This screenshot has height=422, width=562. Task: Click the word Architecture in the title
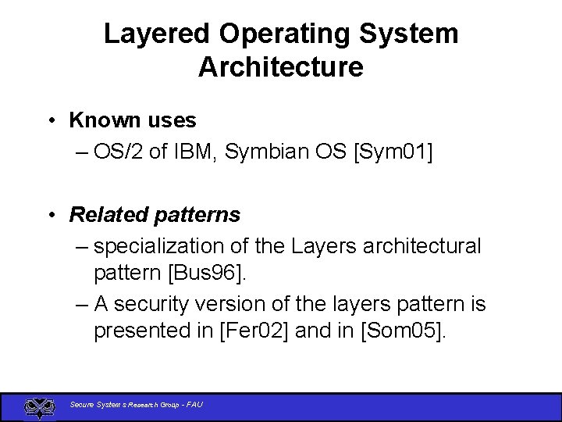281,67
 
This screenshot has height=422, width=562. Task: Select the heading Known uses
133,120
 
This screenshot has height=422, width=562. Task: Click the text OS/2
119,152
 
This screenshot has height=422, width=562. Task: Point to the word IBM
194,152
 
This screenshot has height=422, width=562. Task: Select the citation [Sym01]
393,152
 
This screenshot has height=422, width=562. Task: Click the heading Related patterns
155,214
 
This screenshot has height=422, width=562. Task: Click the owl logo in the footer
39,406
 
